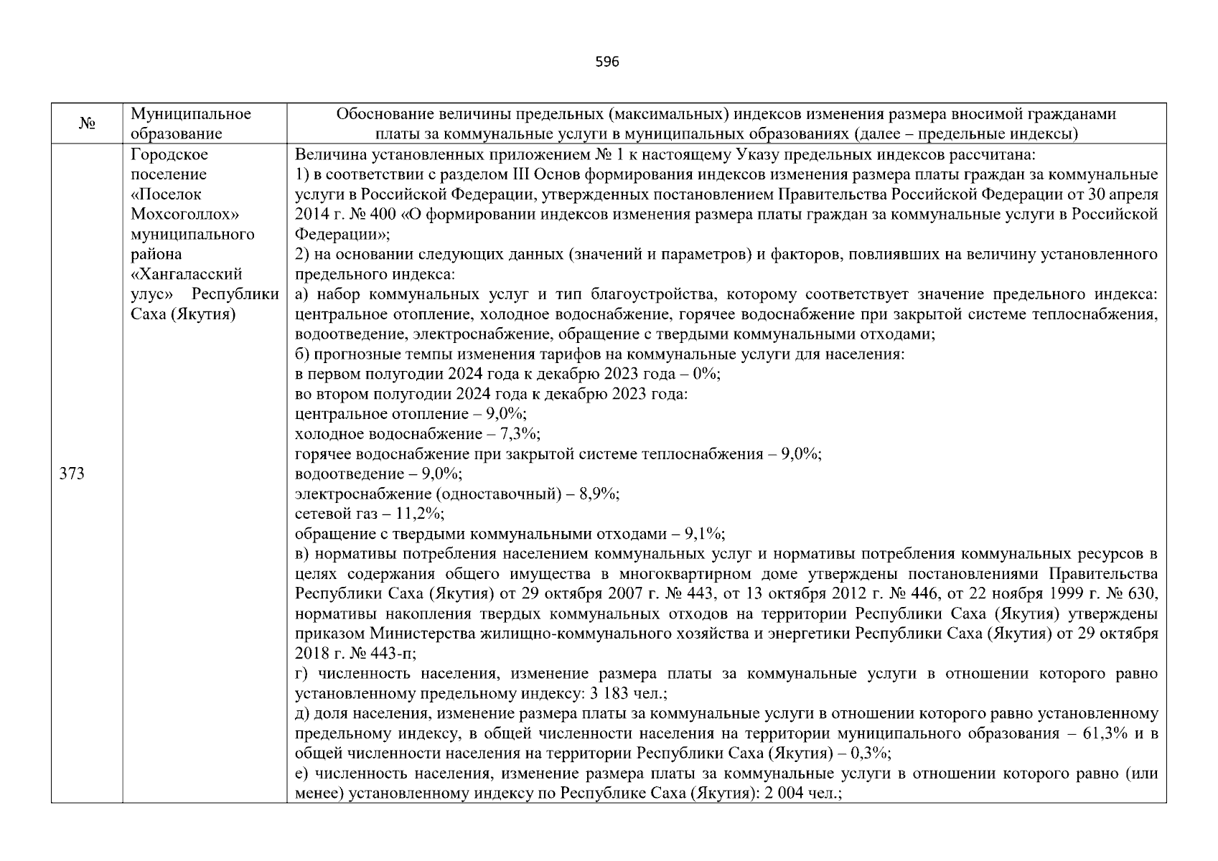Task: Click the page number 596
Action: [x=607, y=62]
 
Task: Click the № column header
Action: [x=87, y=123]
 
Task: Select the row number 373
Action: [x=72, y=474]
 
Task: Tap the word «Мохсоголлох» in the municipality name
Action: [x=185, y=214]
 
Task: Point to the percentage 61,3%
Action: [x=1091, y=733]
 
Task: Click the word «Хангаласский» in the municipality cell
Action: [x=187, y=274]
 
